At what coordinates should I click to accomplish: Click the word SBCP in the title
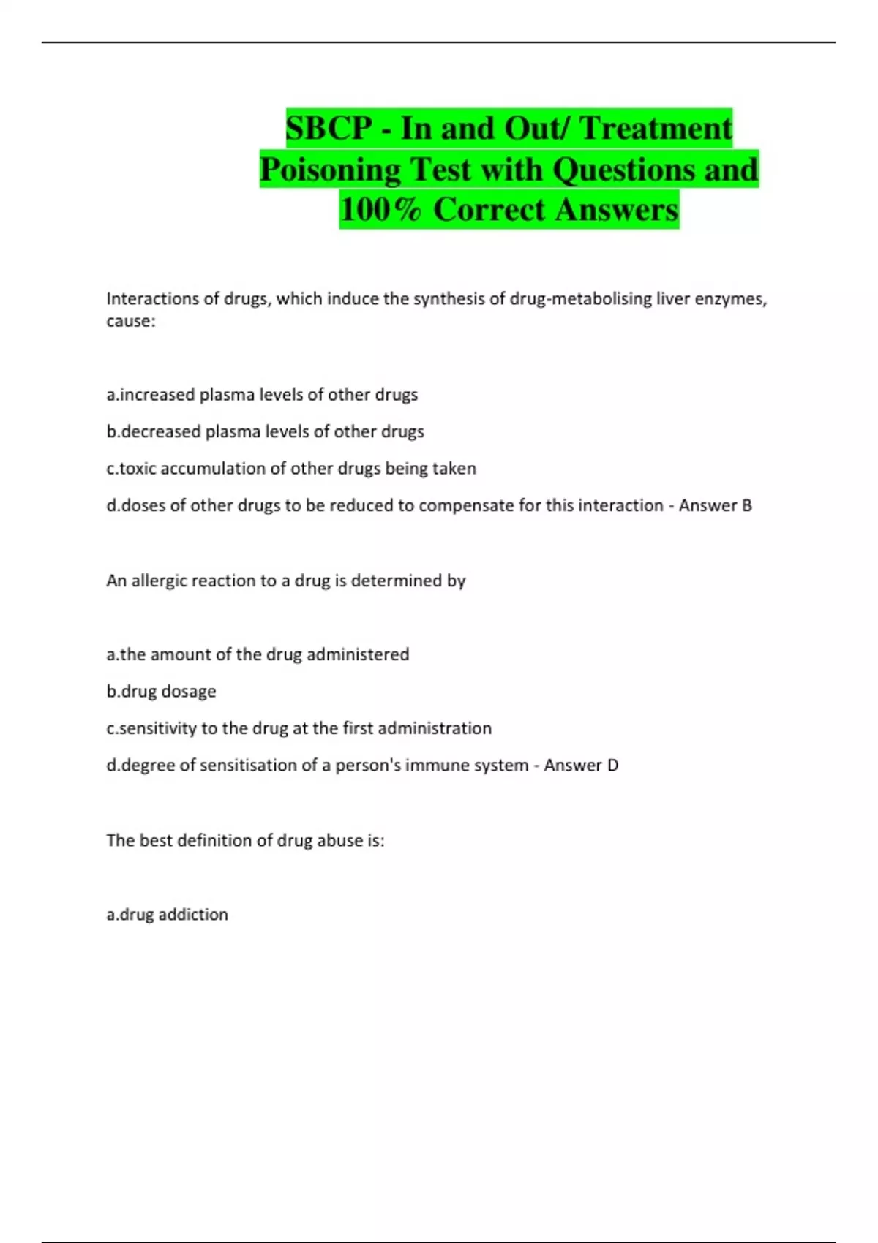pos(329,129)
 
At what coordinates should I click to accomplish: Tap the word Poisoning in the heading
pos(329,170)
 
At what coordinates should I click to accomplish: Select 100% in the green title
pos(380,210)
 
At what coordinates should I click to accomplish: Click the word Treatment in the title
pos(656,129)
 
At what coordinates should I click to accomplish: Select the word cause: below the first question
pos(131,321)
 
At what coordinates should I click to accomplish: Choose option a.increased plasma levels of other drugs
pos(262,395)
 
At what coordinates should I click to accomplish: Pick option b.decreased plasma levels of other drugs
pos(265,431)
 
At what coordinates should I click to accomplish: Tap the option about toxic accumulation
pos(291,469)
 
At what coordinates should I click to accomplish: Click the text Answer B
pos(715,505)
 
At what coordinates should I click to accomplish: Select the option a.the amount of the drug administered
pos(258,654)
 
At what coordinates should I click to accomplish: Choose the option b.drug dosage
pos(161,691)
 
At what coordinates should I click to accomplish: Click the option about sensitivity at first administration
pos(299,728)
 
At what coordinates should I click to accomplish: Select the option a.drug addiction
pos(167,914)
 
